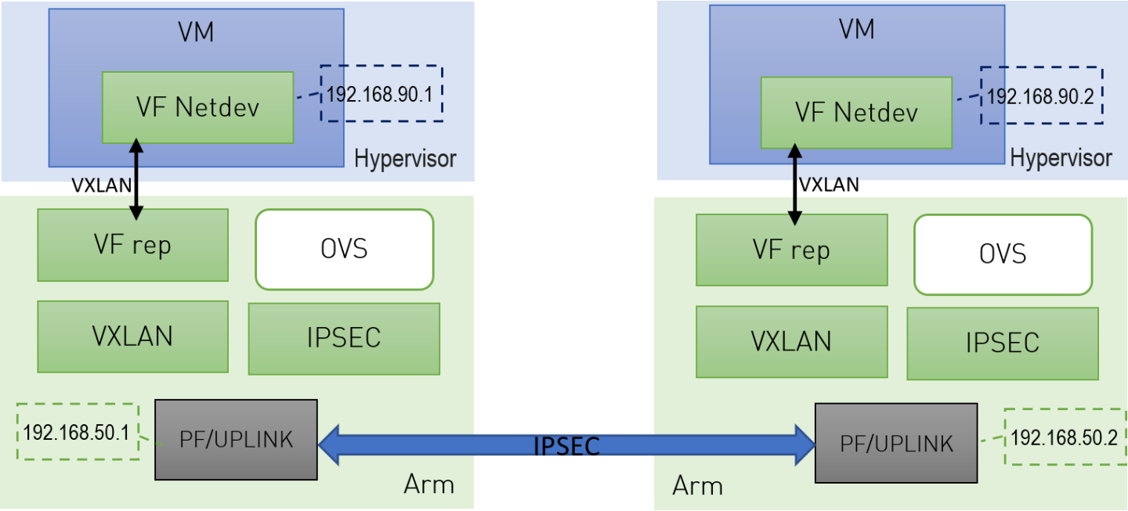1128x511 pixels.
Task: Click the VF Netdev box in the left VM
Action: click(197, 108)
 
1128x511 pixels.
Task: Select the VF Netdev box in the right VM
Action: click(856, 113)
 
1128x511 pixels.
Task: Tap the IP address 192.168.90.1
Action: click(381, 94)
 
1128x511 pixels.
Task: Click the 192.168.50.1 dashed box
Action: click(77, 431)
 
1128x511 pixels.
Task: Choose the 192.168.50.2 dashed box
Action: click(1063, 437)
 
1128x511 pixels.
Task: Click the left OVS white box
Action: click(344, 250)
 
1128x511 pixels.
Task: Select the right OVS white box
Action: click(1003, 254)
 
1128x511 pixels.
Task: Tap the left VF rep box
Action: click(132, 245)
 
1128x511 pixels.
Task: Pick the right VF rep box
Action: click(791, 250)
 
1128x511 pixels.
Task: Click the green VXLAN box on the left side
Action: click(132, 336)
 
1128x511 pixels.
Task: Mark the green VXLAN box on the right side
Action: click(791, 342)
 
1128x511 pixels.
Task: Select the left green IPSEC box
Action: click(344, 338)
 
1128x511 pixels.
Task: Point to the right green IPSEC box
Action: click(1003, 344)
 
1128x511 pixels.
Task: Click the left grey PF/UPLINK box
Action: click(236, 439)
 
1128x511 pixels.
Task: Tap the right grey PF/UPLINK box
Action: click(896, 443)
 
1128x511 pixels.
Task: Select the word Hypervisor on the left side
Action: click(405, 159)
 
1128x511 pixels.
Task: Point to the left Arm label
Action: click(428, 484)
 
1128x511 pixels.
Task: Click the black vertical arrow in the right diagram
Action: click(794, 184)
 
